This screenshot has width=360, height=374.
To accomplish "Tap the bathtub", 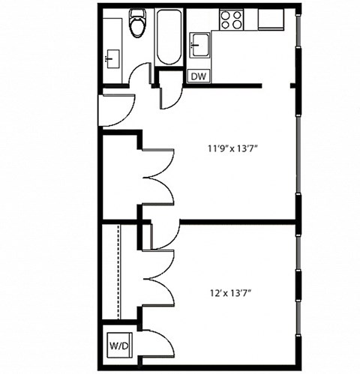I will pos(169,37).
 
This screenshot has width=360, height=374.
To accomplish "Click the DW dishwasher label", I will pos(198,76).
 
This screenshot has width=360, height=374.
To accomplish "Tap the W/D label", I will pos(118,346).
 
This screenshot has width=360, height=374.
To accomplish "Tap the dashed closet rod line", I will pos(119,270).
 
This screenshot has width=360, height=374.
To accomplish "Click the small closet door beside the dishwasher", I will pos(171,96).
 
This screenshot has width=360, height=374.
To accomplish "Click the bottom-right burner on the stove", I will pos(238,24).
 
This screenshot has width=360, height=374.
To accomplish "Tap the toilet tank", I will pos(137,14).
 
